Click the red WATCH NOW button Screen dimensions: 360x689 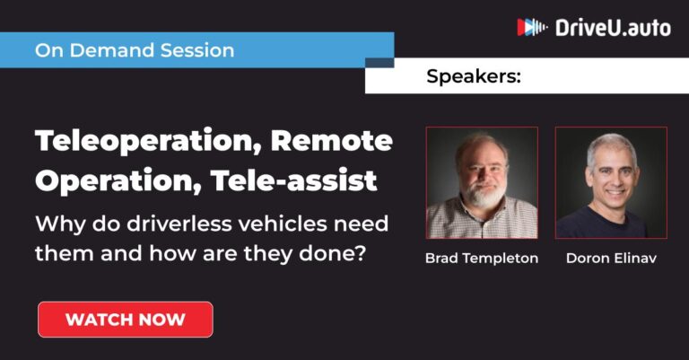[x=125, y=320]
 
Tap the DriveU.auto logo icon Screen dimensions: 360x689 [x=532, y=28]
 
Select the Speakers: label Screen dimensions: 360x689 [x=473, y=76]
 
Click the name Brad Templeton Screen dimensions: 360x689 [x=482, y=259]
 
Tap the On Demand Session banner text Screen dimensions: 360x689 [x=135, y=50]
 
